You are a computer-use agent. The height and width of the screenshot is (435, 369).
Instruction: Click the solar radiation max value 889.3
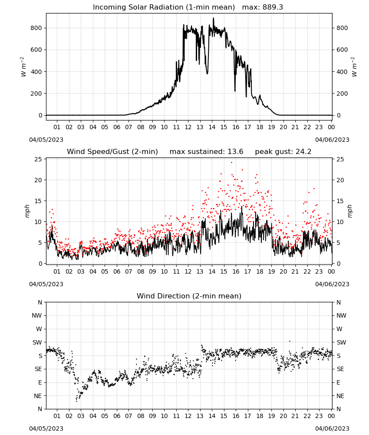point(273,7)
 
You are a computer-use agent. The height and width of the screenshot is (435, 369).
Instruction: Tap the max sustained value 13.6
point(235,152)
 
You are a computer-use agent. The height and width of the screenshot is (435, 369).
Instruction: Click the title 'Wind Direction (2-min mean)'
point(189,296)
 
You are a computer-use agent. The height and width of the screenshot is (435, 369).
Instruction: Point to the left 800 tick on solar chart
point(36,28)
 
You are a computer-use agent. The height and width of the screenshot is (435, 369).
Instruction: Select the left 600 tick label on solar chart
point(36,50)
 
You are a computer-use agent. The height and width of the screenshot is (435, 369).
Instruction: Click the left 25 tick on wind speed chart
point(38,159)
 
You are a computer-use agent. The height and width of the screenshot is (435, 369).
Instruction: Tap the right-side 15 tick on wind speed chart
point(340,201)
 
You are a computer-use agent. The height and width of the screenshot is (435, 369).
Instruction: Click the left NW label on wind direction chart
point(37,316)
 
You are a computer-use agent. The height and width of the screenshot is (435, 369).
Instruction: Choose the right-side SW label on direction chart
point(341,343)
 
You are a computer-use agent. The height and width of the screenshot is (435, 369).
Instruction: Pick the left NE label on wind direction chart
point(38,396)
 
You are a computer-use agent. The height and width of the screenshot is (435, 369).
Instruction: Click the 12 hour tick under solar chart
point(188,127)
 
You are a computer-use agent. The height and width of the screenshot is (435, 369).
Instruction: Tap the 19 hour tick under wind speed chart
point(272,271)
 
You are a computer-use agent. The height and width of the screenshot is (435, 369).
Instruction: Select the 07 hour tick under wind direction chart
point(128,416)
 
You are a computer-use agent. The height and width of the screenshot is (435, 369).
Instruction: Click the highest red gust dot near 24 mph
point(232,163)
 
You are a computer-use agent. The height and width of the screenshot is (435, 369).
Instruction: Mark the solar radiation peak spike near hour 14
point(214,18)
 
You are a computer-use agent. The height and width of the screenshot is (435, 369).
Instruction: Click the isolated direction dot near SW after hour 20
point(290,341)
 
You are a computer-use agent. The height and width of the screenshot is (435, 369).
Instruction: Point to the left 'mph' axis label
point(27,211)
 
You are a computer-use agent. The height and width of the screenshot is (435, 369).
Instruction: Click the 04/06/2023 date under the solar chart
point(332,140)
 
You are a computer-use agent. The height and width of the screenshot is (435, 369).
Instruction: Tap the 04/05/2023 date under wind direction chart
point(46,428)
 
